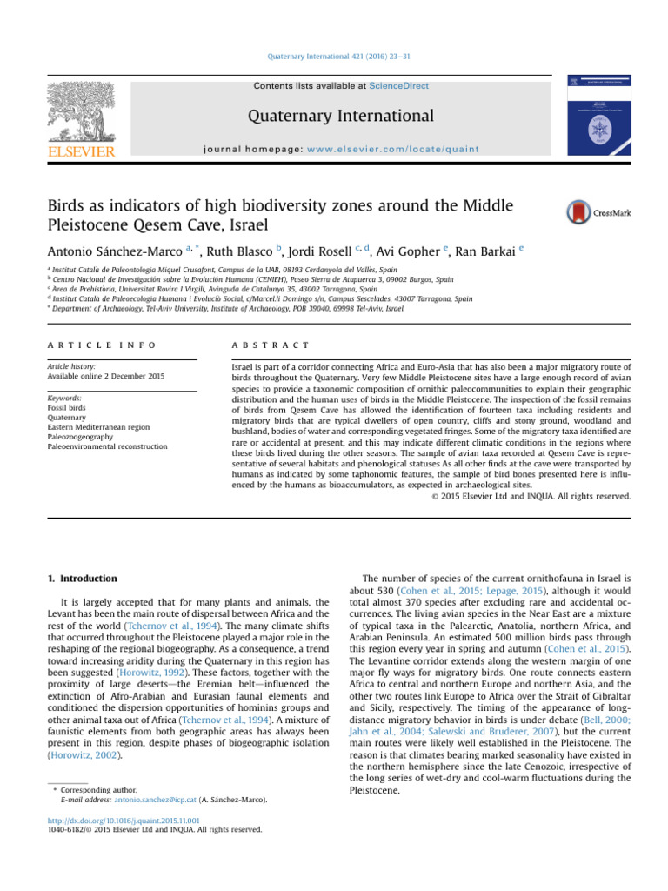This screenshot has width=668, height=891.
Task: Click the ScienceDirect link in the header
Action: tap(398, 86)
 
